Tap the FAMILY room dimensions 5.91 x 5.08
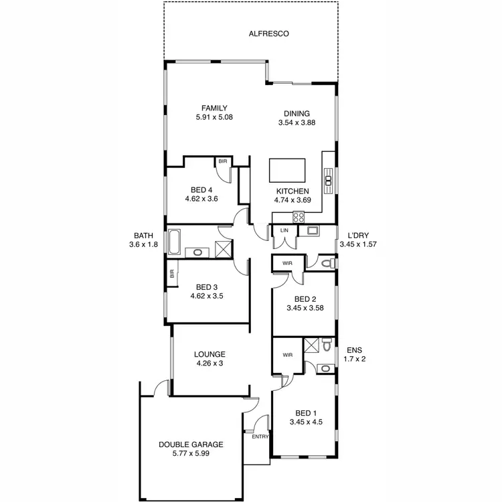click(214, 117)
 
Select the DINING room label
click(297, 113)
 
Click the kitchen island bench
click(287, 170)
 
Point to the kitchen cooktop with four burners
click(299, 216)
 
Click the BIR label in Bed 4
click(222, 162)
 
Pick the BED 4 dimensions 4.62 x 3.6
click(201, 199)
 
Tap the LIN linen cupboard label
click(284, 232)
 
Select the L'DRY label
click(358, 236)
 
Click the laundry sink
click(313, 232)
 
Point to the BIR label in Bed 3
click(172, 273)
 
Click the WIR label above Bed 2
click(287, 264)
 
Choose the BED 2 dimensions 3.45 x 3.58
click(305, 309)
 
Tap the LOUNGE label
click(210, 354)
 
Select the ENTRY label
click(260, 436)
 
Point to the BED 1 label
click(305, 413)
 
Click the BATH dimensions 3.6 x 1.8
click(143, 245)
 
